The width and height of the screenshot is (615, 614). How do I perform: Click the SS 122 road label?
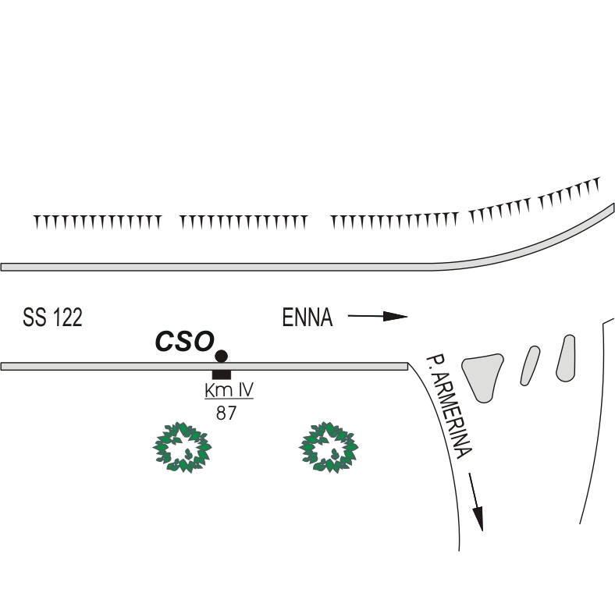click(x=53, y=318)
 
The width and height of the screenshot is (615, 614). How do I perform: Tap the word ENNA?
click(x=307, y=318)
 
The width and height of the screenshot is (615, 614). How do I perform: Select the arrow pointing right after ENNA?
click(x=378, y=316)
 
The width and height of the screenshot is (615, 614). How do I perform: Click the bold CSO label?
click(x=184, y=341)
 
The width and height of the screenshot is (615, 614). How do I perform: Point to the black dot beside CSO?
click(x=221, y=356)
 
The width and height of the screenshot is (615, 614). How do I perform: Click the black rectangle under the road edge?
click(x=221, y=374)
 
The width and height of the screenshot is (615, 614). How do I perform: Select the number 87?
click(x=226, y=413)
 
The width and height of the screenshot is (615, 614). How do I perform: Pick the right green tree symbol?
click(x=329, y=447)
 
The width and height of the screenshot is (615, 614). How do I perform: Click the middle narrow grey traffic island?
click(x=530, y=365)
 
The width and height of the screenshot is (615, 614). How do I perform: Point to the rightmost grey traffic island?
click(x=566, y=358)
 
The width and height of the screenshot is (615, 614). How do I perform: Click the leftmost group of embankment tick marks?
click(x=97, y=222)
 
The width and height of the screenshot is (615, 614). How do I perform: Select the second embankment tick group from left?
click(x=244, y=222)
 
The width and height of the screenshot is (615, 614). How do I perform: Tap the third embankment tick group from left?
click(x=393, y=222)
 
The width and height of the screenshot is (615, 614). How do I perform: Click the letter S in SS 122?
click(x=29, y=318)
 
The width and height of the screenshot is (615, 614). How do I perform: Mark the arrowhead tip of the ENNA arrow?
click(x=407, y=316)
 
